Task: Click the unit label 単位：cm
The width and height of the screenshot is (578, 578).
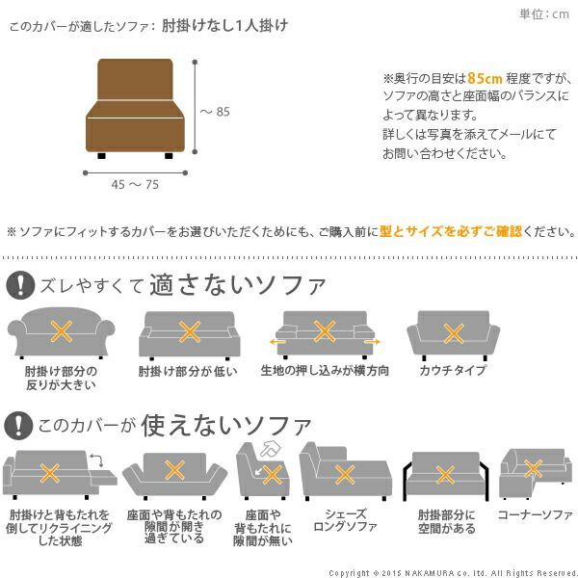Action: (544, 13)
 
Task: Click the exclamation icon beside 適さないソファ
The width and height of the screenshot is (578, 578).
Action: (19, 284)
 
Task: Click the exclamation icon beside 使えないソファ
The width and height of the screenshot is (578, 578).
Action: (19, 424)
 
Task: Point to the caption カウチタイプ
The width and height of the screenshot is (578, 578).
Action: (451, 370)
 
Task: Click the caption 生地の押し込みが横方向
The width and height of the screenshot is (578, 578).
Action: (325, 370)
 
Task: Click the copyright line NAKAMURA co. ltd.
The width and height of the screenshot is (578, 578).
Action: (452, 572)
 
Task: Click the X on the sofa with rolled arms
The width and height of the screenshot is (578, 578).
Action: (62, 333)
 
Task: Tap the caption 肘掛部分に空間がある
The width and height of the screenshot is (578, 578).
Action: (445, 521)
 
